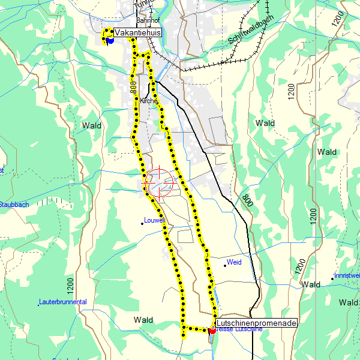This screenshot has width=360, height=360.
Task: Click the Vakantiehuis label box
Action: [x=137, y=33]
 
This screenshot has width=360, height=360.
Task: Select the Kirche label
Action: [x=149, y=101]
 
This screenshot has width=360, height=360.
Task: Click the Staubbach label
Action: [x=13, y=205]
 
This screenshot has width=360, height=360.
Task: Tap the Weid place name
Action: [x=233, y=262]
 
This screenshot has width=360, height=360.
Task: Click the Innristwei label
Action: [x=347, y=275]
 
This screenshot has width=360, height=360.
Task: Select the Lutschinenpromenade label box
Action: [x=256, y=323]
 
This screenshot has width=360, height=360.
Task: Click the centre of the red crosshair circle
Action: [x=160, y=183]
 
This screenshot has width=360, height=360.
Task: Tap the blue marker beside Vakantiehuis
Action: [x=110, y=40]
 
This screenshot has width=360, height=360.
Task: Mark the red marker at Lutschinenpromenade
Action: [x=212, y=329]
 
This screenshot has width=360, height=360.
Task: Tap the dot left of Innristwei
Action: [x=332, y=278]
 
